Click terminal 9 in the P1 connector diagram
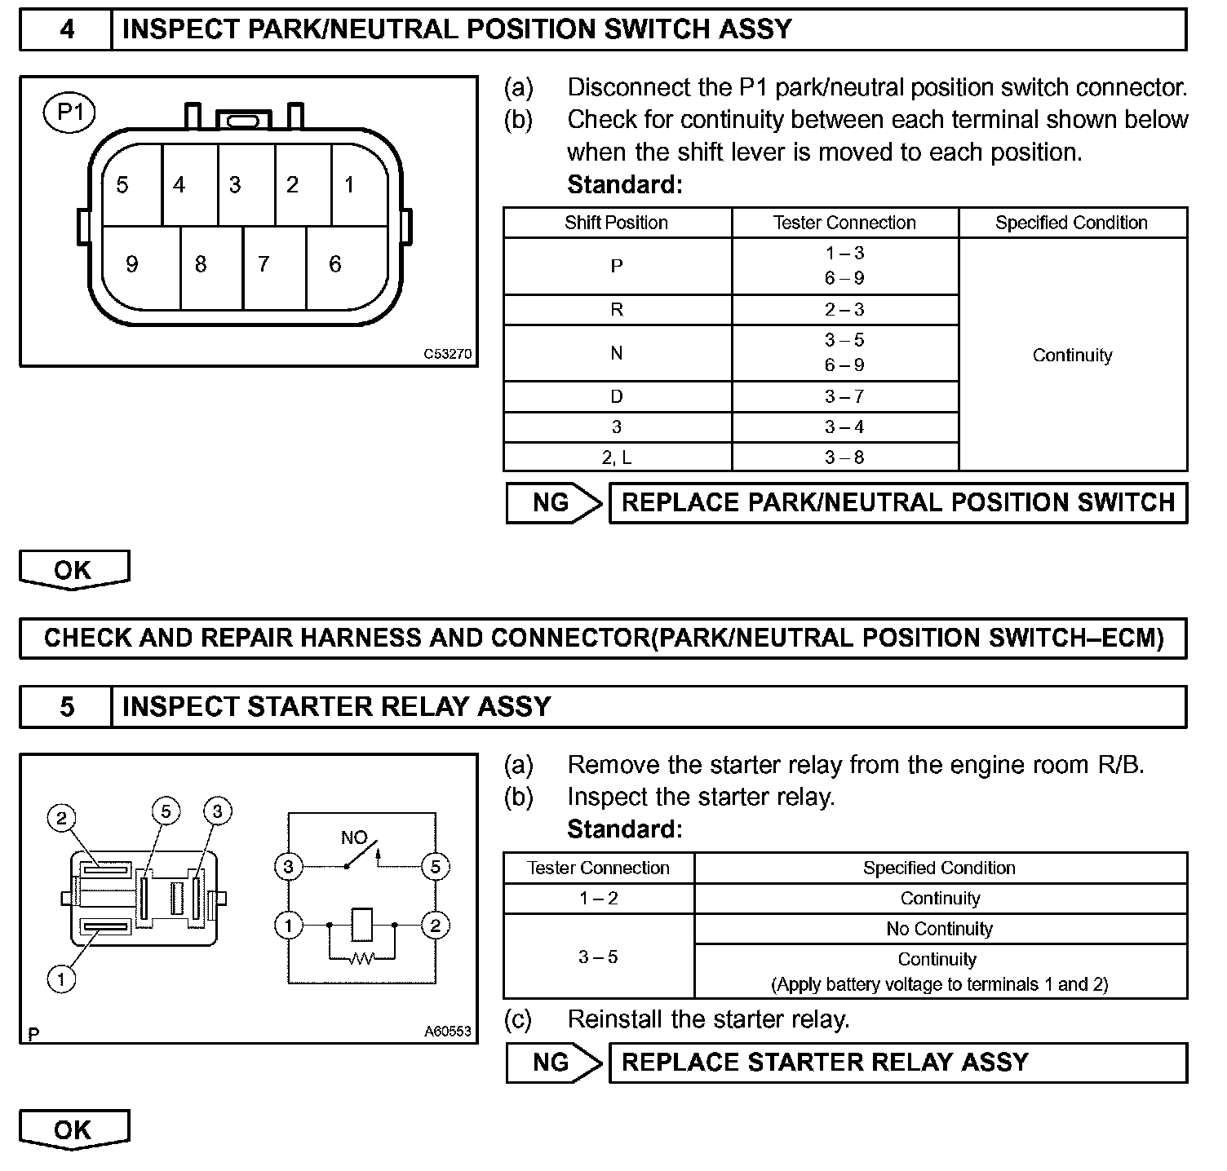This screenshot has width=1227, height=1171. click(132, 264)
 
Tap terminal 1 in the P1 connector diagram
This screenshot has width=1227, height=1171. click(349, 185)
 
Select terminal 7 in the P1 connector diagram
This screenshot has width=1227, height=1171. click(264, 264)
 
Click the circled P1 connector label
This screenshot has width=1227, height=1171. click(69, 113)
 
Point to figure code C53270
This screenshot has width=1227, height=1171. click(448, 355)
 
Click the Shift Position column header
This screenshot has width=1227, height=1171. click(617, 223)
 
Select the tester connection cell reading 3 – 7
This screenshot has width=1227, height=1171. click(844, 397)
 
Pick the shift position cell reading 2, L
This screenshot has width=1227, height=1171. click(617, 457)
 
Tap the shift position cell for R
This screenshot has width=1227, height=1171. click(617, 310)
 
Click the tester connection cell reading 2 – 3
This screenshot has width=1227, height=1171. click(844, 310)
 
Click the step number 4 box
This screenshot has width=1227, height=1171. click(67, 30)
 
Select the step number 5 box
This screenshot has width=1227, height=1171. click(67, 706)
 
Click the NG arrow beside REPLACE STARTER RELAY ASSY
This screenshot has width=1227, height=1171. click(554, 1063)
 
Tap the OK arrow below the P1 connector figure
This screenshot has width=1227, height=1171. click(73, 570)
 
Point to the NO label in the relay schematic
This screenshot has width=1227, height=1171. click(354, 837)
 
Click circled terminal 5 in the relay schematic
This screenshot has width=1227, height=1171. click(435, 866)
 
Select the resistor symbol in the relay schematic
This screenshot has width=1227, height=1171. click(361, 959)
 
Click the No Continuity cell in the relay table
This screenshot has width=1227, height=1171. click(940, 929)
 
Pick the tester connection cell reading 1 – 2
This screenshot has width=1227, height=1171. click(599, 899)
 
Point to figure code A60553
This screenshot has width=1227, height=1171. click(448, 1032)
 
